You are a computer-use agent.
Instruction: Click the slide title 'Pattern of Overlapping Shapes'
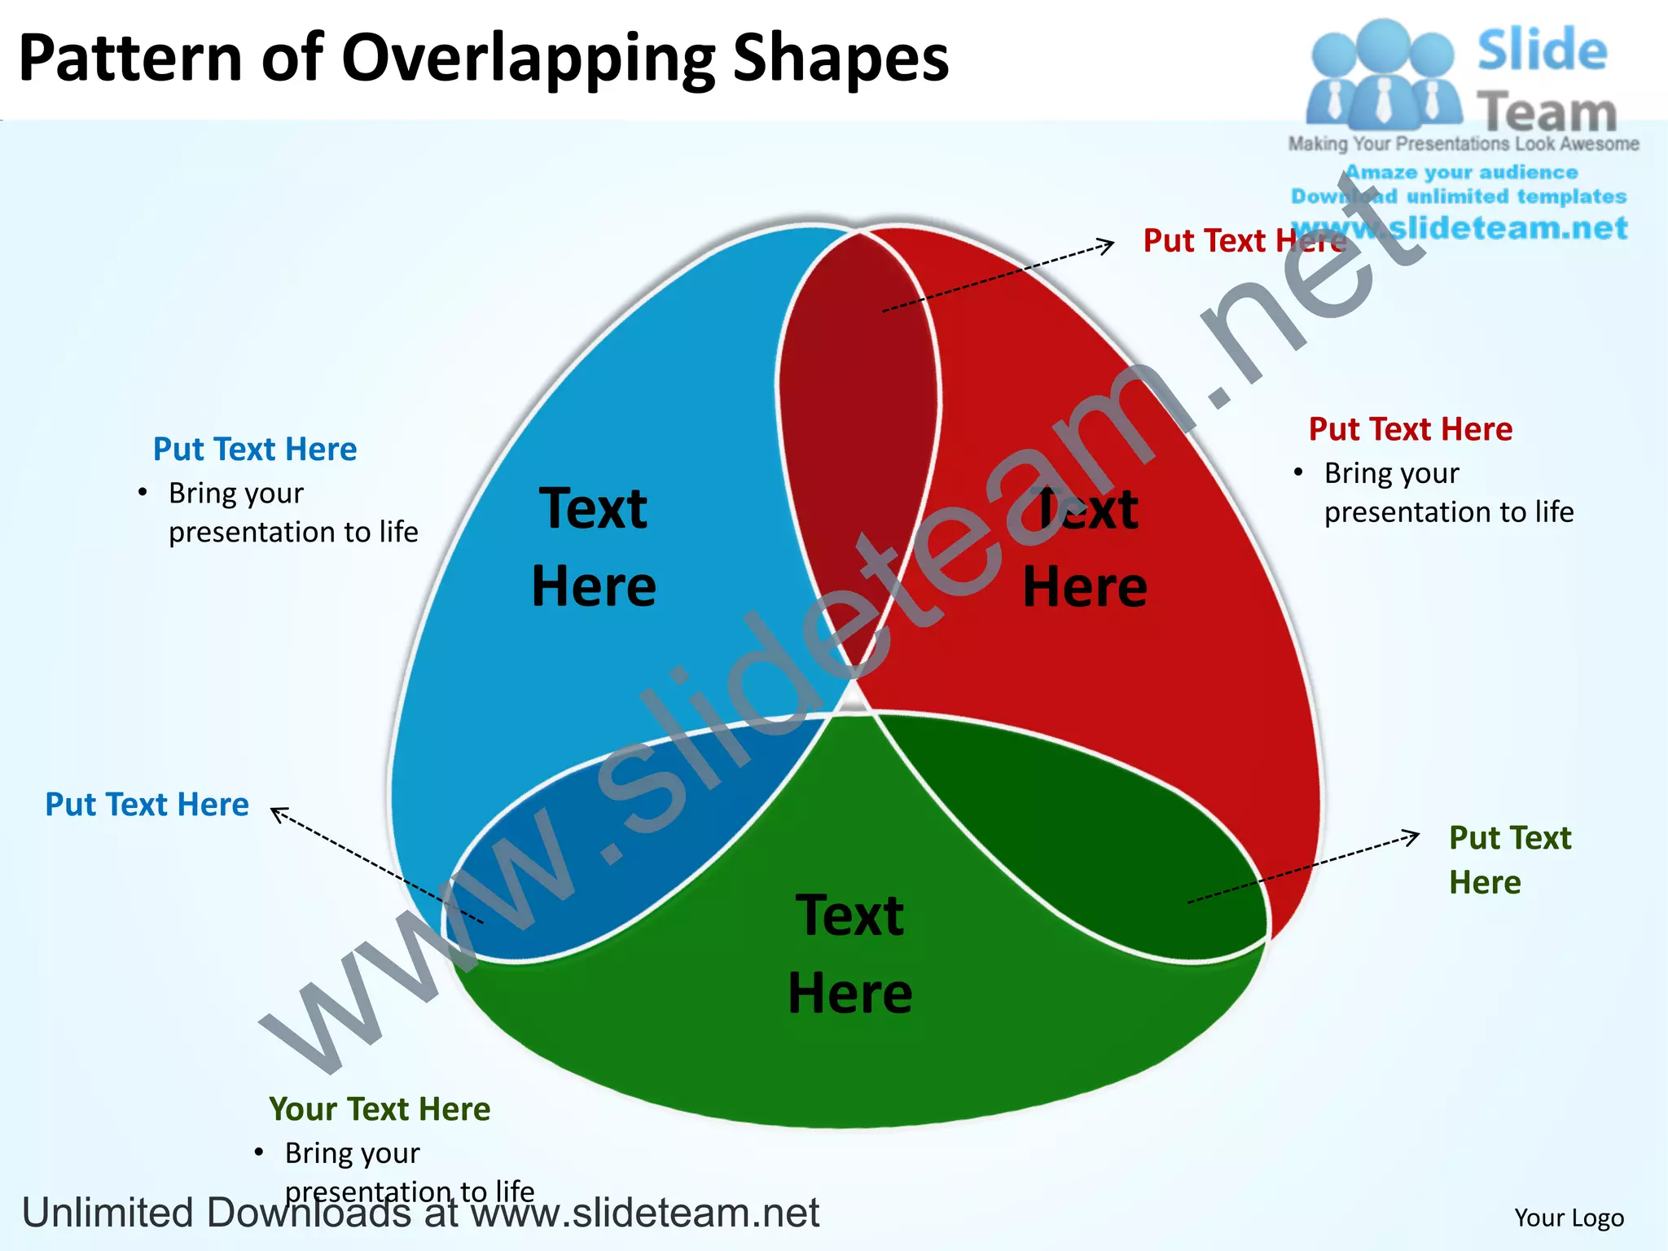click(484, 59)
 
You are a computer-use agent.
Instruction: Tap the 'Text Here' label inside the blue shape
click(594, 547)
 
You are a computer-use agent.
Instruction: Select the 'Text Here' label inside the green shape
click(850, 954)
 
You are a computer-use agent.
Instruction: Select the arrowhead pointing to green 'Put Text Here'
click(1413, 836)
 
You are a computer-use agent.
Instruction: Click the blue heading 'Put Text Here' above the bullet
click(255, 450)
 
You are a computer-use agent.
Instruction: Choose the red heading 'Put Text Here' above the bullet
click(1410, 429)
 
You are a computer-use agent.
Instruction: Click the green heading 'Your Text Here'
click(380, 1109)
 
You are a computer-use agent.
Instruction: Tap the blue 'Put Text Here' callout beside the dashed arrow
click(147, 805)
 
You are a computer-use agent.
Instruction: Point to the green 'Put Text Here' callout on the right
click(1509, 860)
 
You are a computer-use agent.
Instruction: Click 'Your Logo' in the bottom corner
click(1569, 1218)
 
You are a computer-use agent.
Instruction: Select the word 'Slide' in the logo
click(1542, 50)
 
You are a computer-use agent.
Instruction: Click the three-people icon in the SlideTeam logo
click(1382, 75)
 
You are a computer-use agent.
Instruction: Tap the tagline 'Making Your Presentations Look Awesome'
click(1464, 144)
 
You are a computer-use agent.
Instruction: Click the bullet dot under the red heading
click(1298, 472)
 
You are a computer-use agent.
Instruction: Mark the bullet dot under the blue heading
click(143, 492)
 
